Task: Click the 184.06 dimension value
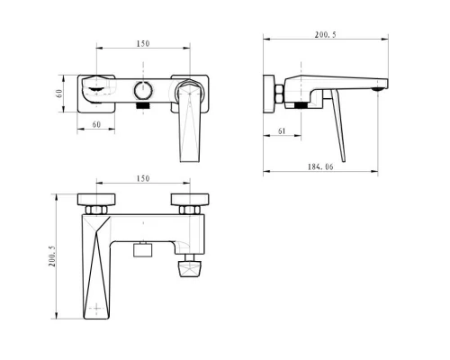coord(320,166)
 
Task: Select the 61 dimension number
coord(282,131)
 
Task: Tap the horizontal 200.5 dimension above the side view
coord(326,35)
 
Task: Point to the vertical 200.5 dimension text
coord(52,256)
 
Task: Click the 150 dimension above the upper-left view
coord(143,44)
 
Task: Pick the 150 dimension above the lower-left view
coord(143,179)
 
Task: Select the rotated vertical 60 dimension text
coord(59,94)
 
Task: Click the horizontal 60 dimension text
coord(96,124)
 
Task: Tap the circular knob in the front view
coord(143,90)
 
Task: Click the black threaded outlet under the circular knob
coord(143,105)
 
